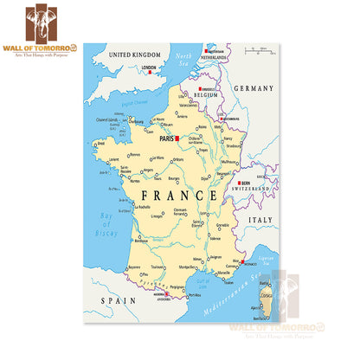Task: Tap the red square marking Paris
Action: coord(177,138)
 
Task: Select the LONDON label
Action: coord(148,67)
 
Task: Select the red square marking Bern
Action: coord(238,183)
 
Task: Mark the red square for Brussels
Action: coord(201,89)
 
